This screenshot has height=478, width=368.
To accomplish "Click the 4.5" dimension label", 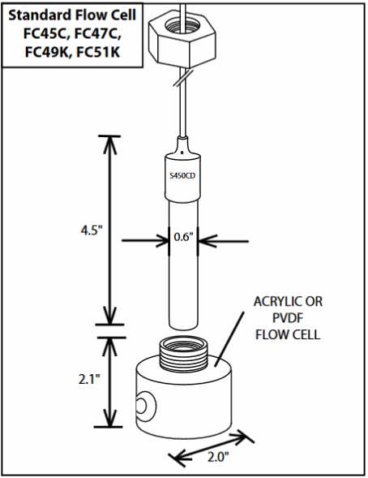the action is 90,230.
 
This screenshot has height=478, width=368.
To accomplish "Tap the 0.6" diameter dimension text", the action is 183,237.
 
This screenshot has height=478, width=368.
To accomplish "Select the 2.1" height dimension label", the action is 89,379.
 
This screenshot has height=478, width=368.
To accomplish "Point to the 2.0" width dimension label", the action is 218,457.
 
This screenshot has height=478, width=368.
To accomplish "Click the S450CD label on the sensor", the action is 182,176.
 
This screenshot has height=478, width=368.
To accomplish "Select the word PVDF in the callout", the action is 288,318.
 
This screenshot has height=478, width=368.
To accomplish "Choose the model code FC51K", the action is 98,52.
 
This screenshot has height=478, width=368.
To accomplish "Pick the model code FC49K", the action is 47,52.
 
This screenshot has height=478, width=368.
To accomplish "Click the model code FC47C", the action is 98,34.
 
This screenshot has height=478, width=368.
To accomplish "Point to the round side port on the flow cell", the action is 146,406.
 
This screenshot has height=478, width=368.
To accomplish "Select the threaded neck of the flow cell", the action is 183,353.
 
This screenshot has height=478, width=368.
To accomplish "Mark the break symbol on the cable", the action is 183,78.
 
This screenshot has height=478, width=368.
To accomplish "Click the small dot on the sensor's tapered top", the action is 182,152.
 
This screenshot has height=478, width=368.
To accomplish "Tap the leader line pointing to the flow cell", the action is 229,338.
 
